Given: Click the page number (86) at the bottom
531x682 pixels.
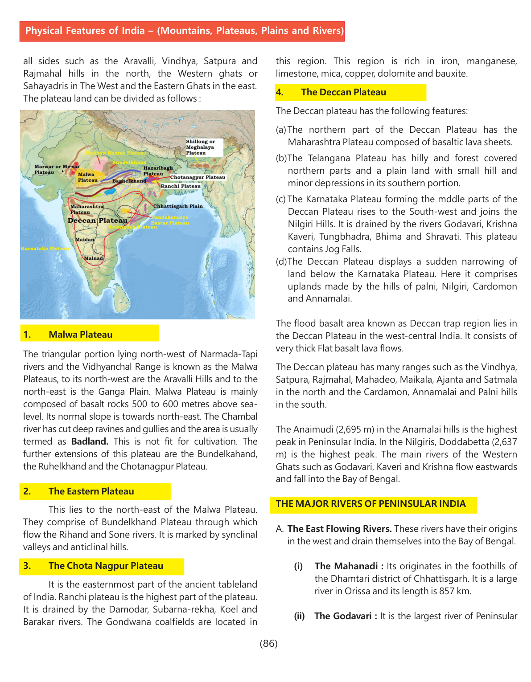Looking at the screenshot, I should (268, 643).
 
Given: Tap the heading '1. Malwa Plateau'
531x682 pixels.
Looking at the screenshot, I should (81, 335).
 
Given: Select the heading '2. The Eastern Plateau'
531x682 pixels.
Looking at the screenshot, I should (91, 491).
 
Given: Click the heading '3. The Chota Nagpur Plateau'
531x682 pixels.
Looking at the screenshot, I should (106, 566).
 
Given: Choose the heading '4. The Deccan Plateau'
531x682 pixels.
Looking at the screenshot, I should (343, 92).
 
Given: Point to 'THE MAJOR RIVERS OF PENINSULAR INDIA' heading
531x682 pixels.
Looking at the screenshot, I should (370, 504).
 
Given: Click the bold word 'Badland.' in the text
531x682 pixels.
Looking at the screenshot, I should (90, 441).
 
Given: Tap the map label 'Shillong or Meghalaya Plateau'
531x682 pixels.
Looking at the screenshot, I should (200, 147).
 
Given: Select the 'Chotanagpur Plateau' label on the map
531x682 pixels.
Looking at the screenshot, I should (198, 177).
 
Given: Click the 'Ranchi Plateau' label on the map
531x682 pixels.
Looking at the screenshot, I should (181, 186).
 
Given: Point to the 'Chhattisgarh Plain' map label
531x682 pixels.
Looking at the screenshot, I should (178, 206).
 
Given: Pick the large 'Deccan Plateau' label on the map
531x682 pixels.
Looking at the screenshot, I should (98, 221).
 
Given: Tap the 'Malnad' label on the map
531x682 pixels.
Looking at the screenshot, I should (94, 258).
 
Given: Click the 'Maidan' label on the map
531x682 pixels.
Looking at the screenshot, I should (84, 240).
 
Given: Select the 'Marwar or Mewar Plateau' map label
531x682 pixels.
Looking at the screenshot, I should (56, 169).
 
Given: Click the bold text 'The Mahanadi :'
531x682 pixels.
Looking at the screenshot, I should (349, 566).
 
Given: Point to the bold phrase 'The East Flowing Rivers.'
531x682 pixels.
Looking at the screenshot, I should (339, 529).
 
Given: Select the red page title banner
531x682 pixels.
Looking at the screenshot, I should (182, 31).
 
